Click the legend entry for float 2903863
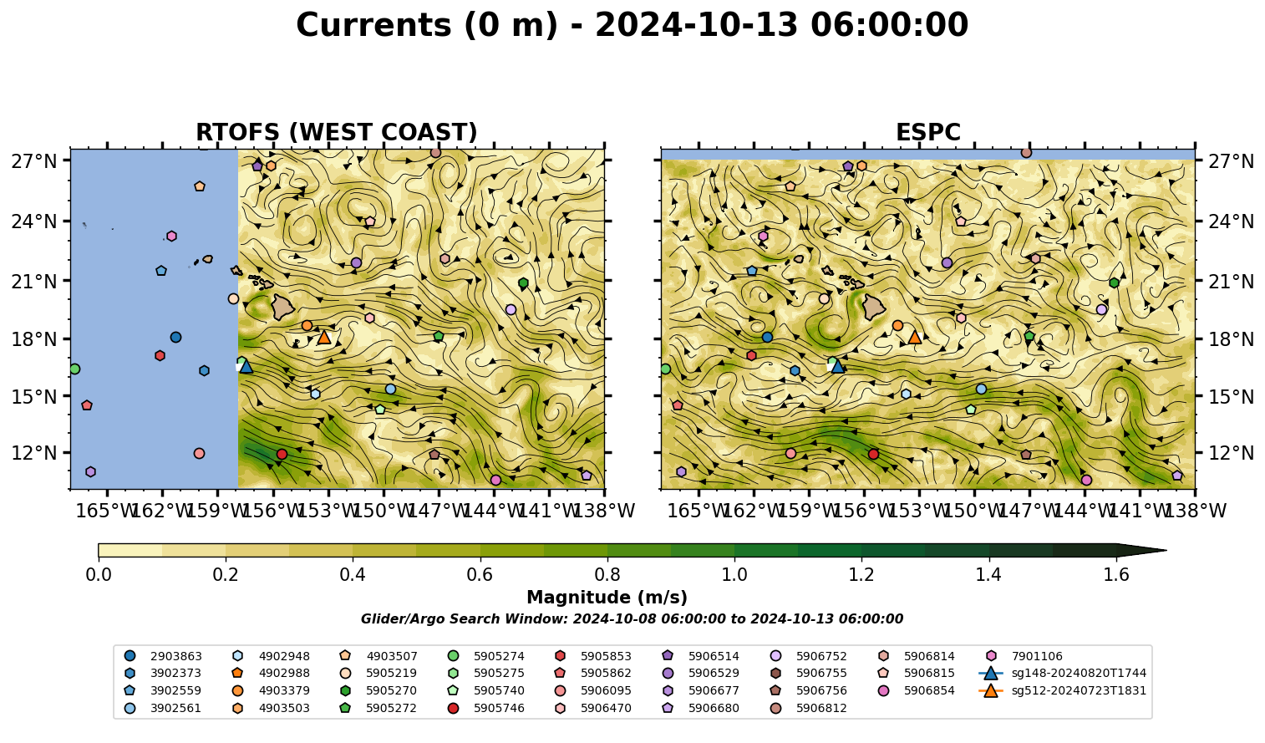pyautogui.click(x=163, y=656)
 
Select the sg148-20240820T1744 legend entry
pyautogui.click(x=1062, y=673)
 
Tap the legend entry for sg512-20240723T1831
pyautogui.click(x=1062, y=690)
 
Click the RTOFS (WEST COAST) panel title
pyautogui.click(x=337, y=132)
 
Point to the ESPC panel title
pyautogui.click(x=927, y=132)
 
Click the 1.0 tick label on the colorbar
pyautogui.click(x=734, y=575)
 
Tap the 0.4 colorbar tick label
pyautogui.click(x=353, y=575)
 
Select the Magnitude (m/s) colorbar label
pyautogui.click(x=607, y=598)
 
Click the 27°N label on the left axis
pyautogui.click(x=34, y=161)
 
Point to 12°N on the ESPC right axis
pyautogui.click(x=1231, y=452)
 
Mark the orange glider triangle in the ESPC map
pyautogui.click(x=915, y=338)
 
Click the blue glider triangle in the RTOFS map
pyautogui.click(x=246, y=366)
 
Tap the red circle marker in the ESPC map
pyautogui.click(x=873, y=454)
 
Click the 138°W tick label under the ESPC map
pyautogui.click(x=1195, y=511)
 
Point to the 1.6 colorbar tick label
pyautogui.click(x=1116, y=575)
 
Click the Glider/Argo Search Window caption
pyautogui.click(x=632, y=618)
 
